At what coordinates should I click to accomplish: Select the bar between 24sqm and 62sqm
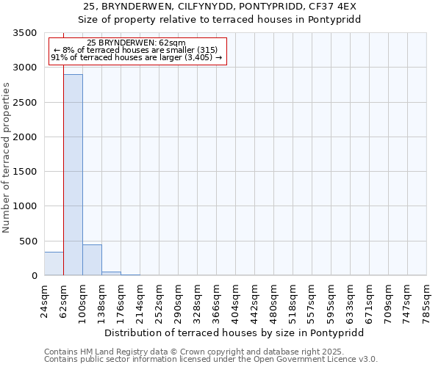coord(54,264)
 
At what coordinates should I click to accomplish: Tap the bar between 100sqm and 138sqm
coord(92,260)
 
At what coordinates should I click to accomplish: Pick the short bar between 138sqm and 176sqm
coord(111,273)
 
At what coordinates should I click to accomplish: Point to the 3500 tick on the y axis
coord(25,33)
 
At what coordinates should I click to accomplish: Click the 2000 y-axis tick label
coord(25,137)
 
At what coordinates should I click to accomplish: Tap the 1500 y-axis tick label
coord(25,172)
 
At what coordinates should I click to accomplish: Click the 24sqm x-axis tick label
coord(44,299)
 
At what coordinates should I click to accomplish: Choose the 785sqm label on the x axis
coord(426,299)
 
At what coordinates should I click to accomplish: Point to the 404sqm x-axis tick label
coord(235,299)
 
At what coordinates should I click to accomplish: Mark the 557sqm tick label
coord(312,299)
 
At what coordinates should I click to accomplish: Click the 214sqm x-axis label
coord(140,299)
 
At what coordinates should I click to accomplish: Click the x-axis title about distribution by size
coord(234,333)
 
